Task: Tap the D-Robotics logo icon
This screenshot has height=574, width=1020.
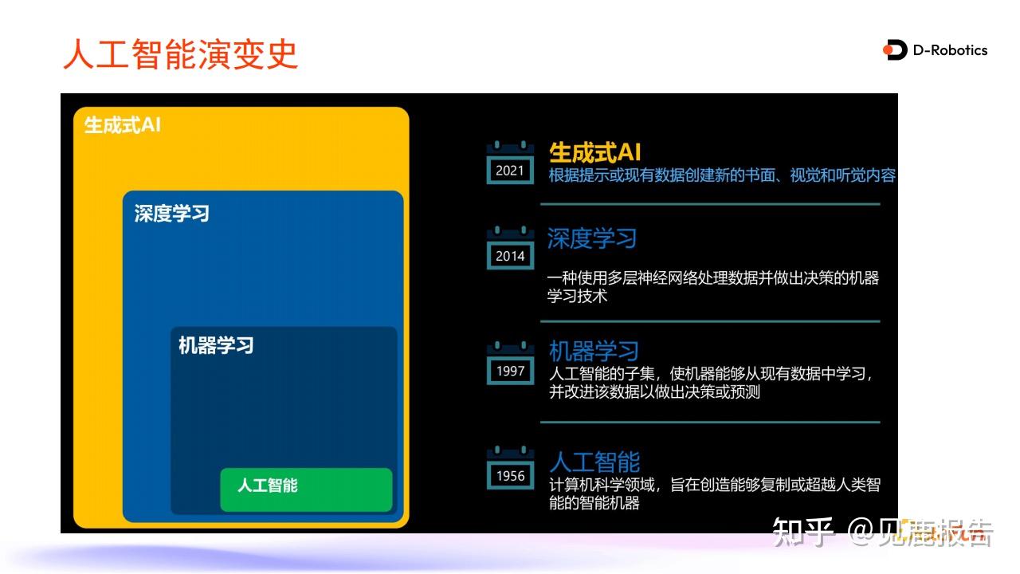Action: point(896,50)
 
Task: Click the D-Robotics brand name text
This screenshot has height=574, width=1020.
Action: point(950,50)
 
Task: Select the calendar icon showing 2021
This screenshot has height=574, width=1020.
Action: point(510,163)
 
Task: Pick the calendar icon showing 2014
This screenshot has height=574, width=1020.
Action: point(510,249)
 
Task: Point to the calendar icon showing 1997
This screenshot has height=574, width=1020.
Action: point(510,364)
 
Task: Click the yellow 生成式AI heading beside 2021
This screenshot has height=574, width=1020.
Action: point(594,152)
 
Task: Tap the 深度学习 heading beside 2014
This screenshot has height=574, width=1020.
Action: point(592,238)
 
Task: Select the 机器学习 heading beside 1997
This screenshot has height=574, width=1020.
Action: point(594,351)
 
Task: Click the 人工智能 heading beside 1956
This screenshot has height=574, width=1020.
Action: point(594,462)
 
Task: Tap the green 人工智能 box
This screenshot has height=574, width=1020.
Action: point(306,489)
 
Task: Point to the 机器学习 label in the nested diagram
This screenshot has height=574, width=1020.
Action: point(216,345)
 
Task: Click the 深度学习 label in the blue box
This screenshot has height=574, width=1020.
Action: point(171,214)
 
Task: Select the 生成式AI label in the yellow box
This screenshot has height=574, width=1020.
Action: point(123,126)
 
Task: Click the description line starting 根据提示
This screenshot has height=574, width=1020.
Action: point(722,175)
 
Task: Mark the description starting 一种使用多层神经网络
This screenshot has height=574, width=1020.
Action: point(712,287)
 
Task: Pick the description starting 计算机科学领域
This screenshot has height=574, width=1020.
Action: point(714,493)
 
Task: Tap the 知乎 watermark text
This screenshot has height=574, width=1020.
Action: point(802,533)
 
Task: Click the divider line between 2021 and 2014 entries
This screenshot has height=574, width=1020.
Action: point(709,204)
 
